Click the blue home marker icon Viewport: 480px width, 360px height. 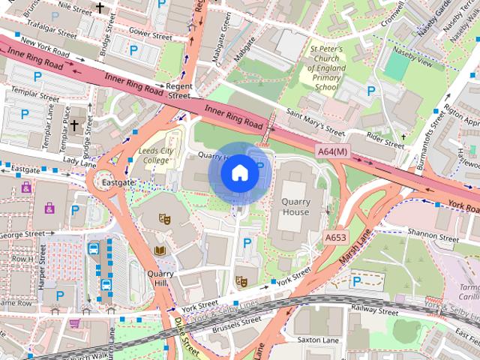coord(239,172)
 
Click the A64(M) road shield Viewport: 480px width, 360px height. coord(332,151)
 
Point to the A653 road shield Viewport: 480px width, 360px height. coord(336,237)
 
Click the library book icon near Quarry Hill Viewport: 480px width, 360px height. coord(160,250)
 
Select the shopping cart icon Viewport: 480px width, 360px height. coord(74,323)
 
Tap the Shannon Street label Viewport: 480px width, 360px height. coord(433,236)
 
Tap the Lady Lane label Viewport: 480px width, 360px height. coord(80,160)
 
